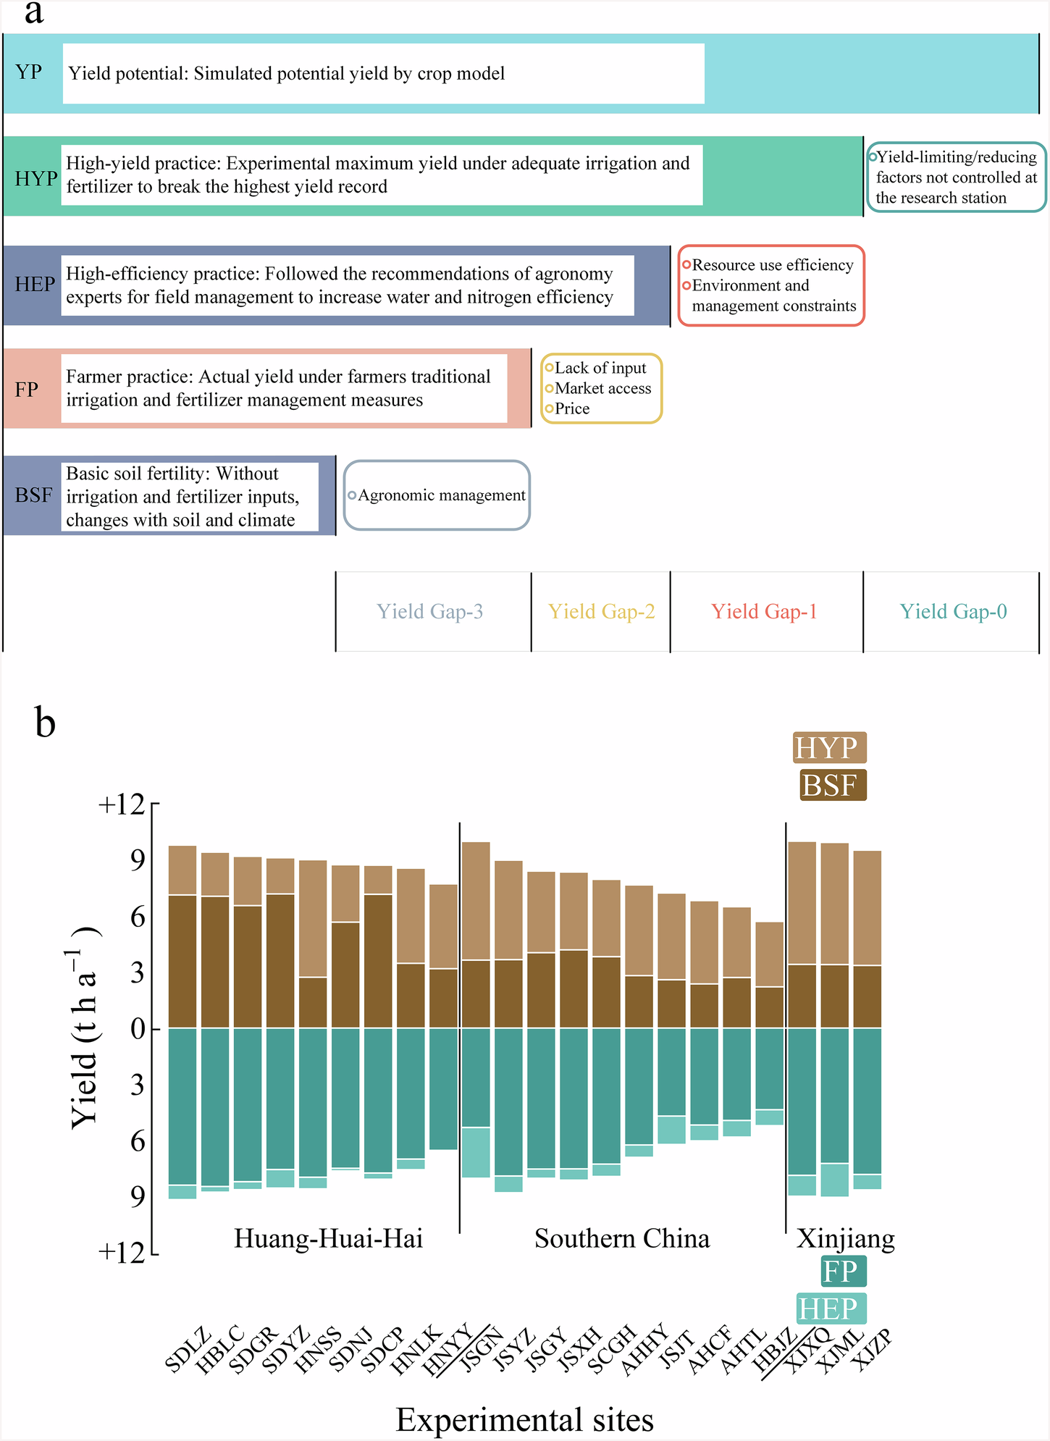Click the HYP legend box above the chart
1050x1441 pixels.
(x=829, y=747)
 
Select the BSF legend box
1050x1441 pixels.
(x=833, y=785)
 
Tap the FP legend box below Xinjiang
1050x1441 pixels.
(x=843, y=1272)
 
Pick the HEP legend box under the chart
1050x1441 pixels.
(x=831, y=1308)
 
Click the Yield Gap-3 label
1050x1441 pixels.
(x=429, y=612)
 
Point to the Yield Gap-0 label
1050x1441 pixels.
(x=953, y=612)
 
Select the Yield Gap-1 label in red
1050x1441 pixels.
(x=764, y=612)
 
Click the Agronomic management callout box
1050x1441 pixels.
(x=437, y=495)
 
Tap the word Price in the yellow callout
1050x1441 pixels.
(x=572, y=408)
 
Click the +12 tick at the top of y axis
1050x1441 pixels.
(x=122, y=804)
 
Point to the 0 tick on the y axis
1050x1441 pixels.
(x=138, y=1028)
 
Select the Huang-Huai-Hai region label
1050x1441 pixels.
(x=328, y=1239)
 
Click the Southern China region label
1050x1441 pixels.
(x=622, y=1239)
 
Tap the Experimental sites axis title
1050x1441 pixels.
(x=524, y=1420)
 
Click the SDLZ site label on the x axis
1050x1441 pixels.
(x=188, y=1351)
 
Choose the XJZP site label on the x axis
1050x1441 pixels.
(x=870, y=1351)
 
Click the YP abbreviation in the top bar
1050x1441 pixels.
(x=29, y=72)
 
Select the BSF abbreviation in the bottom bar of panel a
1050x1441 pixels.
(x=33, y=495)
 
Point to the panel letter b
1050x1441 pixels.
(x=45, y=723)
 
